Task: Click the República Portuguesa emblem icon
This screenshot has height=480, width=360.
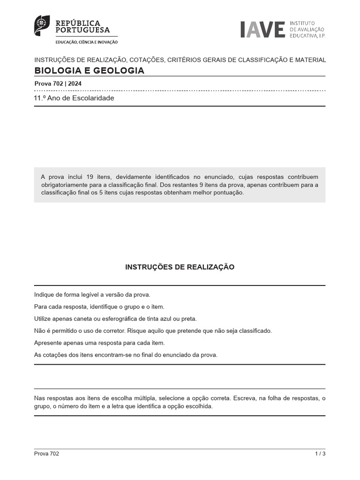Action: click(42, 25)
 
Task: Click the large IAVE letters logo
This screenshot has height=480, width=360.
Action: click(262, 29)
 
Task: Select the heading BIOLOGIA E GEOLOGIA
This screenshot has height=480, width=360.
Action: click(90, 71)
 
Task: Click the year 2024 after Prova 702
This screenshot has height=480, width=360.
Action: click(75, 83)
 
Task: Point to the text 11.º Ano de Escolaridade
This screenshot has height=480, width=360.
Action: click(74, 98)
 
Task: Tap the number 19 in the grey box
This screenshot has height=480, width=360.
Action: click(90, 177)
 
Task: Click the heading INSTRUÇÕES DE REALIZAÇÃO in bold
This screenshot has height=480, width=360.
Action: click(180, 267)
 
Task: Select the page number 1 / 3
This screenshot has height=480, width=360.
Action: click(320, 454)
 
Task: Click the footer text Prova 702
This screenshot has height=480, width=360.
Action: click(46, 454)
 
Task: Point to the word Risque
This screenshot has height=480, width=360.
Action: click(136, 331)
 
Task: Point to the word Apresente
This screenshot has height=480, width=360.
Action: click(48, 343)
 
